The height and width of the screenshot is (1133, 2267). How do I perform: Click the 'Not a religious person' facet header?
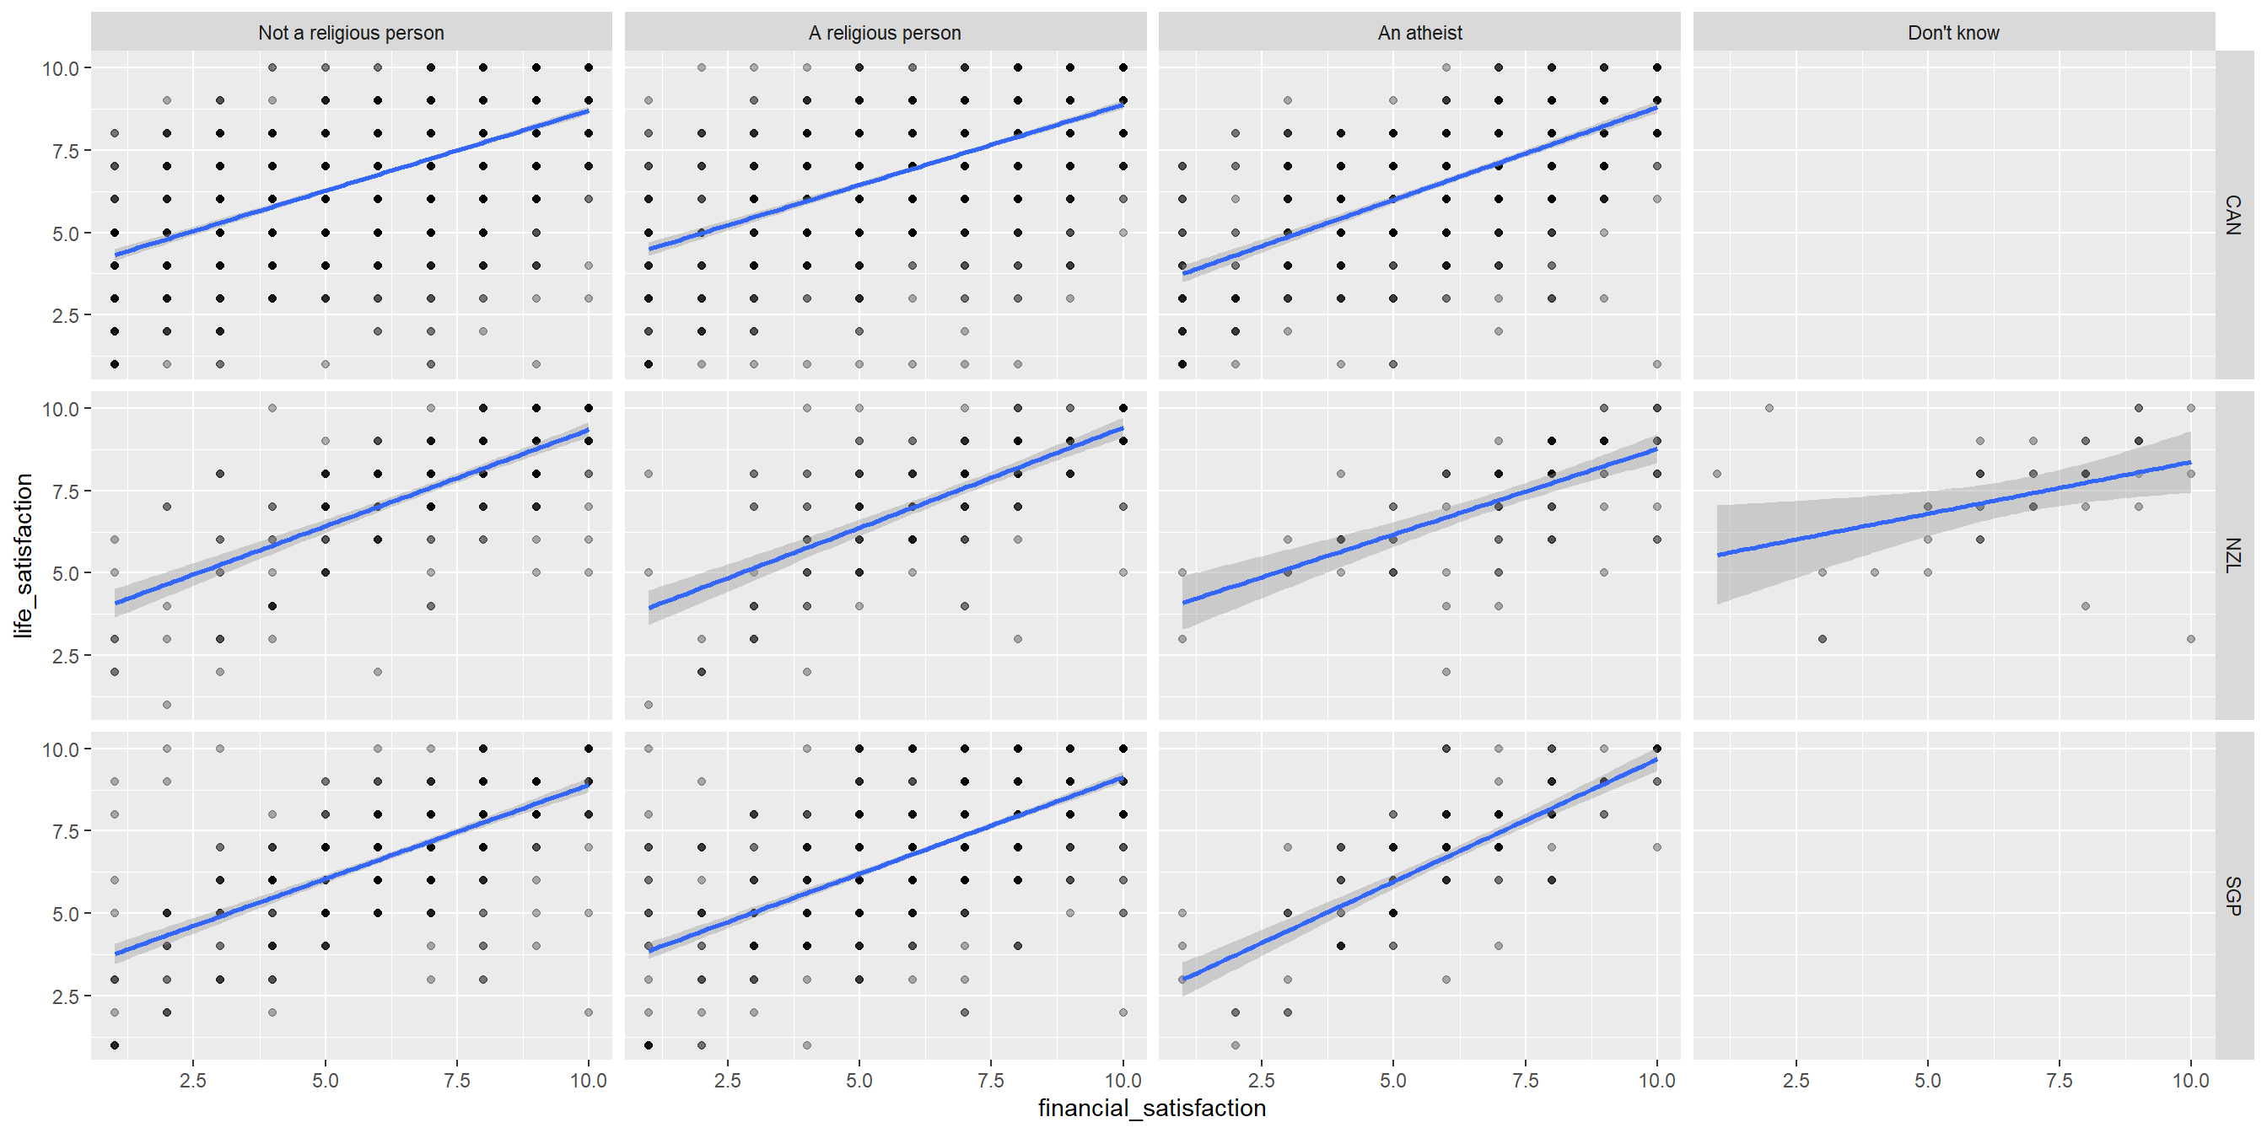[x=350, y=33]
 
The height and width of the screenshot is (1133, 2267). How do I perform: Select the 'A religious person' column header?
[x=885, y=33]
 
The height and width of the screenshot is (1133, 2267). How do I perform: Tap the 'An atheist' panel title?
[x=1419, y=33]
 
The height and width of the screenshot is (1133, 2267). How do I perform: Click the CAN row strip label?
[x=2232, y=215]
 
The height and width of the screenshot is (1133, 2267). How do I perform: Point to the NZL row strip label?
[x=2232, y=555]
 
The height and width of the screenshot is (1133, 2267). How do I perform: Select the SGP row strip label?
[x=2232, y=895]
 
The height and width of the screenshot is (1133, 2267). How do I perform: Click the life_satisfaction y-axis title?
[x=23, y=555]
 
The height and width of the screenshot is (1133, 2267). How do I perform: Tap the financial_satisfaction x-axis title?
[x=1152, y=1109]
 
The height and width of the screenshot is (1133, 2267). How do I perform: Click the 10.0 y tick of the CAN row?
[x=61, y=67]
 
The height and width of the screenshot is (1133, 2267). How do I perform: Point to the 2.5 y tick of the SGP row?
[x=66, y=996]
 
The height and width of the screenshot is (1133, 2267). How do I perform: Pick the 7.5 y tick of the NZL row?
[x=66, y=491]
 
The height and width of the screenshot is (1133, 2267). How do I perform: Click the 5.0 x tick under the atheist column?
[x=1392, y=1080]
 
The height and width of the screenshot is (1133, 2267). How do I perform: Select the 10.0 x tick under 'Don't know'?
[x=2190, y=1080]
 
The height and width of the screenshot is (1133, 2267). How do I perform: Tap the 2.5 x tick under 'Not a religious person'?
[x=193, y=1080]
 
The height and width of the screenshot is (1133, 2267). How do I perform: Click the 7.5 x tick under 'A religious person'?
[x=991, y=1080]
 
